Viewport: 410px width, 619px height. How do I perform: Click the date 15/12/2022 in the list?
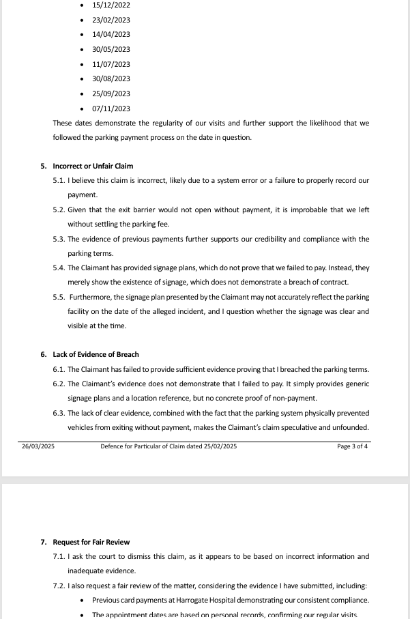[x=111, y=5]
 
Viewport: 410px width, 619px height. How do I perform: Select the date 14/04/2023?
[x=111, y=34]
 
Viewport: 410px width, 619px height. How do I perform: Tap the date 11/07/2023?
[x=111, y=64]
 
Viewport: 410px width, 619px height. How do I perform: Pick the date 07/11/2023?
[x=111, y=109]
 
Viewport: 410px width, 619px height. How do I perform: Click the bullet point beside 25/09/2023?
[x=83, y=94]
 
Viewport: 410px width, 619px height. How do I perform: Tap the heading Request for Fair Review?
[x=91, y=542]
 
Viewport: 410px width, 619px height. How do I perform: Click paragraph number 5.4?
[x=59, y=268]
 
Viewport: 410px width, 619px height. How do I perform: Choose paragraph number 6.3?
[x=59, y=413]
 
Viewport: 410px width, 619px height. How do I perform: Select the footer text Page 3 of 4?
[x=353, y=447]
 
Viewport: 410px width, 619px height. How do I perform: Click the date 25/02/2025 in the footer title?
[x=220, y=447]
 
